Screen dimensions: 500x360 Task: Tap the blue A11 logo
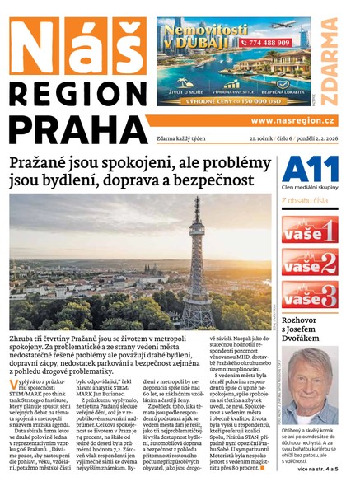point(310,169)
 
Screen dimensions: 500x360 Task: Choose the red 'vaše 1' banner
point(310,228)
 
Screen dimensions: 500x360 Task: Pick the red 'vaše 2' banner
point(310,262)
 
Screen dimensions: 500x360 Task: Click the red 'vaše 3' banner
point(310,295)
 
